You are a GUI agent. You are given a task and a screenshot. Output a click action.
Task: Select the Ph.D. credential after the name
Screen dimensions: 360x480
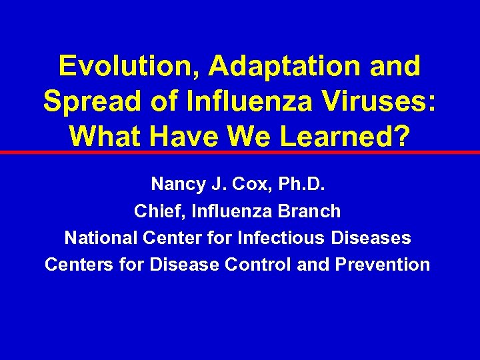coord(303,183)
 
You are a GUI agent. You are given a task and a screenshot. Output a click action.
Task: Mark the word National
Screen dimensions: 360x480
coord(96,237)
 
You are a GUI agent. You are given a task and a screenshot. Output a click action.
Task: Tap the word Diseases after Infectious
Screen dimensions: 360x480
coord(373,237)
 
